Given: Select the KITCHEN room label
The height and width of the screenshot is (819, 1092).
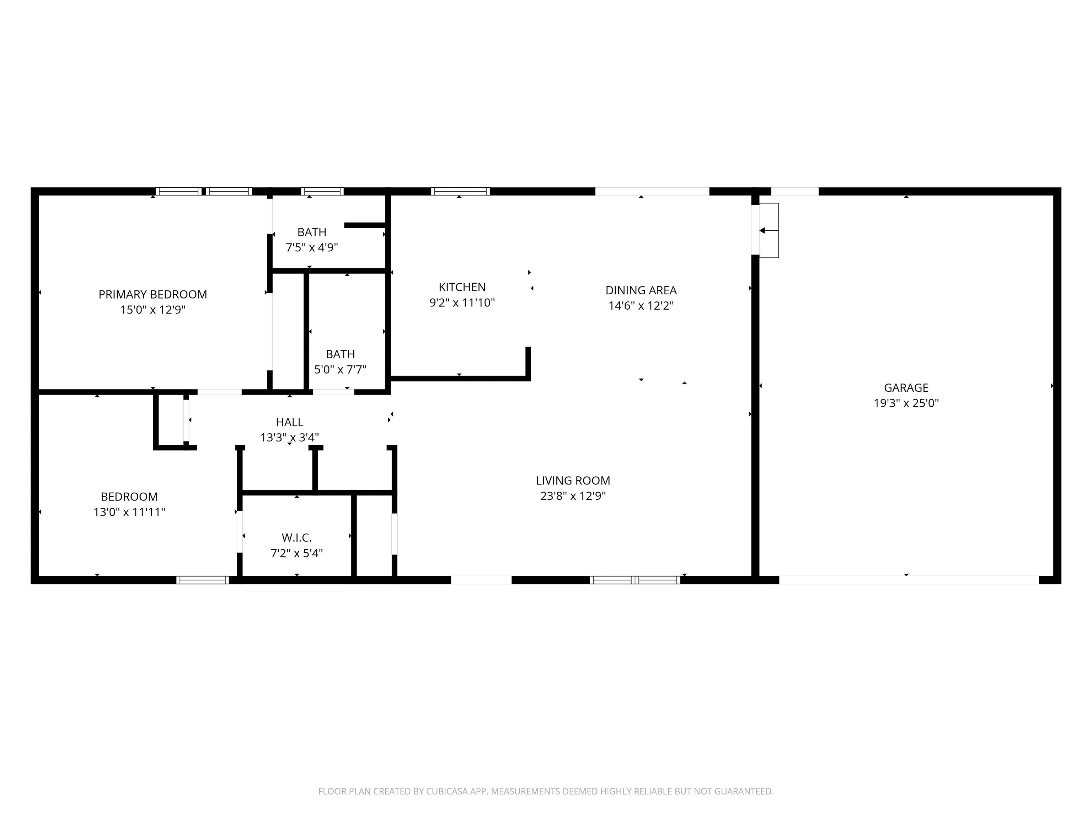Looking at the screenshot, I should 462,287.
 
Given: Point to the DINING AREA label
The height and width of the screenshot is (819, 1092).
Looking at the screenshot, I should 641,290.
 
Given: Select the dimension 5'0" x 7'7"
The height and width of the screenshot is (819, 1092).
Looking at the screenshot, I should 340,369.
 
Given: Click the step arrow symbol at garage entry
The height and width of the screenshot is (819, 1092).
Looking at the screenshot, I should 763,231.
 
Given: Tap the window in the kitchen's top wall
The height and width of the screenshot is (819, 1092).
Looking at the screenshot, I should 460,192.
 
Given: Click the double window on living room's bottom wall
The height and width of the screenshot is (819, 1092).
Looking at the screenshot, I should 635,580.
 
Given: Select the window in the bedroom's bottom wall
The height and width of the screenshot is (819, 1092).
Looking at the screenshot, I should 202,580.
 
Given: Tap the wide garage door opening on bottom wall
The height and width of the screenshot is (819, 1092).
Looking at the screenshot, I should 908,580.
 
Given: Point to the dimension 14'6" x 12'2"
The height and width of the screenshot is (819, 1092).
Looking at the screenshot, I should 641,306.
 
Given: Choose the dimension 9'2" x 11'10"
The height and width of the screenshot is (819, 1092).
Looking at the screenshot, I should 462,303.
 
